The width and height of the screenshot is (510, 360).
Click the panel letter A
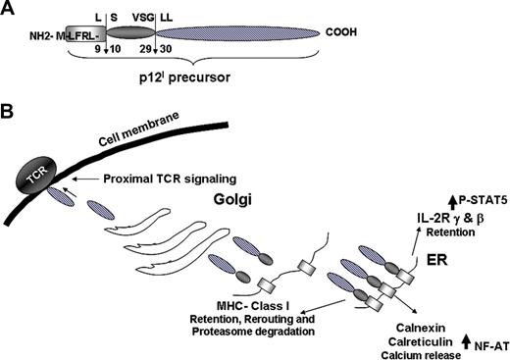[10, 8]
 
